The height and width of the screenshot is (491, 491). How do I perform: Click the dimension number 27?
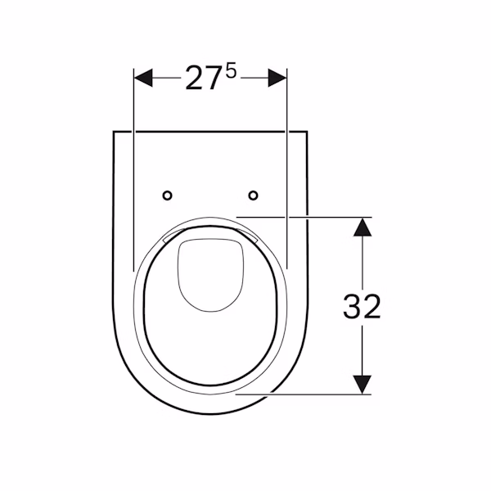pyautogui.click(x=202, y=79)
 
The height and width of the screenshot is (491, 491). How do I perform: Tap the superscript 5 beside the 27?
pyautogui.click(x=231, y=72)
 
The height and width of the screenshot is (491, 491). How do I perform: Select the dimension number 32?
pyautogui.click(x=362, y=307)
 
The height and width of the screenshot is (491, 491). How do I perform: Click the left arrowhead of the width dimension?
pyautogui.click(x=143, y=78)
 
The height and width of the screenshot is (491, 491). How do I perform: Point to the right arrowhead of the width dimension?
pyautogui.click(x=277, y=78)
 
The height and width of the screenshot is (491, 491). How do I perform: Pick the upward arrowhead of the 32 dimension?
pyautogui.click(x=363, y=227)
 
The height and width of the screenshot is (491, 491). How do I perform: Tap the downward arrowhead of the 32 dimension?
pyautogui.click(x=363, y=385)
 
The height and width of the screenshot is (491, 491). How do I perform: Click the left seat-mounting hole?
pyautogui.click(x=168, y=196)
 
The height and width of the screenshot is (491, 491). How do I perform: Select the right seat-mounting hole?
pyautogui.click(x=254, y=196)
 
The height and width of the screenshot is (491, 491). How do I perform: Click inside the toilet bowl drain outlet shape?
pyautogui.click(x=210, y=273)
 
